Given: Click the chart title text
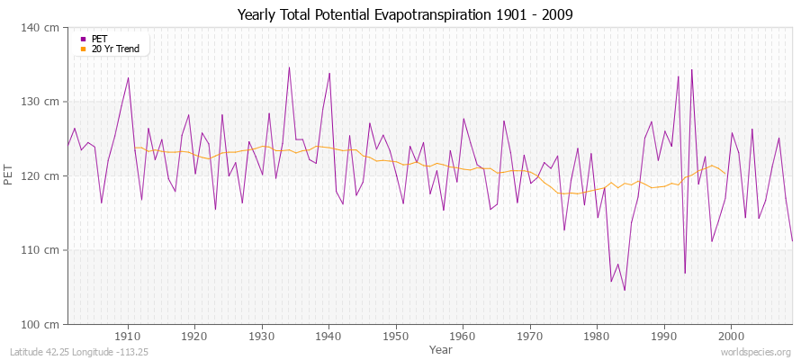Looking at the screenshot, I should pyautogui.click(x=404, y=14).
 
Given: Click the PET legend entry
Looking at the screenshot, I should pyautogui.click(x=99, y=39).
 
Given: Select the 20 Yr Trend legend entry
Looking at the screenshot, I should pyautogui.click(x=115, y=49).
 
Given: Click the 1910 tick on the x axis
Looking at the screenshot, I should pyautogui.click(x=128, y=336).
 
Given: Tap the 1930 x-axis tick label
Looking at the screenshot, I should pyautogui.click(x=262, y=336).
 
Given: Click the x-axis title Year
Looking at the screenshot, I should pyautogui.click(x=441, y=349).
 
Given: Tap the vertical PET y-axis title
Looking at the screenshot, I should pyautogui.click(x=9, y=175).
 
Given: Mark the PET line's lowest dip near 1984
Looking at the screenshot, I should pyautogui.click(x=625, y=290).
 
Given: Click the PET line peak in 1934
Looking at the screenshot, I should pyautogui.click(x=289, y=67).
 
